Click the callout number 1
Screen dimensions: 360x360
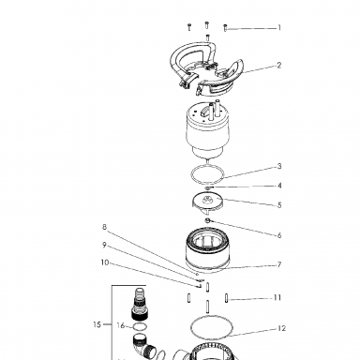[279, 28]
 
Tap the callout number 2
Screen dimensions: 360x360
[278, 66]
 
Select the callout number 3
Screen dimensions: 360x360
[279, 166]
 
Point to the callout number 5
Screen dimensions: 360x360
[279, 205]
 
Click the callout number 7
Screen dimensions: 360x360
[279, 264]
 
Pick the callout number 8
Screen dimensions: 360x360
[105, 227]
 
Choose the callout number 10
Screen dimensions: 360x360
[105, 262]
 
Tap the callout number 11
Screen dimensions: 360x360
[277, 297]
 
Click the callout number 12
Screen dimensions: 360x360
[281, 328]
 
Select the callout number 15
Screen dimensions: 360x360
[97, 324]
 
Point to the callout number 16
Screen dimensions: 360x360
[121, 325]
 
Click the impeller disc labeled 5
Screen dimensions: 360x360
[207, 202]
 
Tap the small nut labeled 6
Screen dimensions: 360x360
[208, 220]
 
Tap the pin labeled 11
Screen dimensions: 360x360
[226, 298]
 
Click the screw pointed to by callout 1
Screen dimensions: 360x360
[225, 28]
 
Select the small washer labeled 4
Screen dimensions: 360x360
[208, 187]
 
